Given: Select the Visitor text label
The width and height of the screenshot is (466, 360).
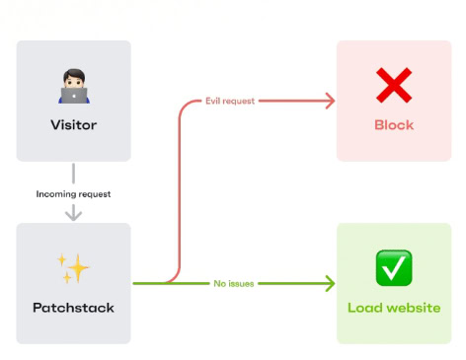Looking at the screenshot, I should coord(74,125).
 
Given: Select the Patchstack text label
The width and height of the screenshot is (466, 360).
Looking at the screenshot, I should coord(74,308).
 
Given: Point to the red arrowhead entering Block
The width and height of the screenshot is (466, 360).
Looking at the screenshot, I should coord(330,100).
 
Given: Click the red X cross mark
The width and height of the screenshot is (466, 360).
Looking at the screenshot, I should coord(394,88).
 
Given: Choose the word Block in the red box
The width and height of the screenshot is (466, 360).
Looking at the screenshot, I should coord(394,125).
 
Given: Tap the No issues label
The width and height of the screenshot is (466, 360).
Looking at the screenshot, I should coord(234,284).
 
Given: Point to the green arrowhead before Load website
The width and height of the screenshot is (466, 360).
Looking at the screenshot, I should coord(330,284).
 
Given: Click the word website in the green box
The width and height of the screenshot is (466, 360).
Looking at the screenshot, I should coord(412,308).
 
